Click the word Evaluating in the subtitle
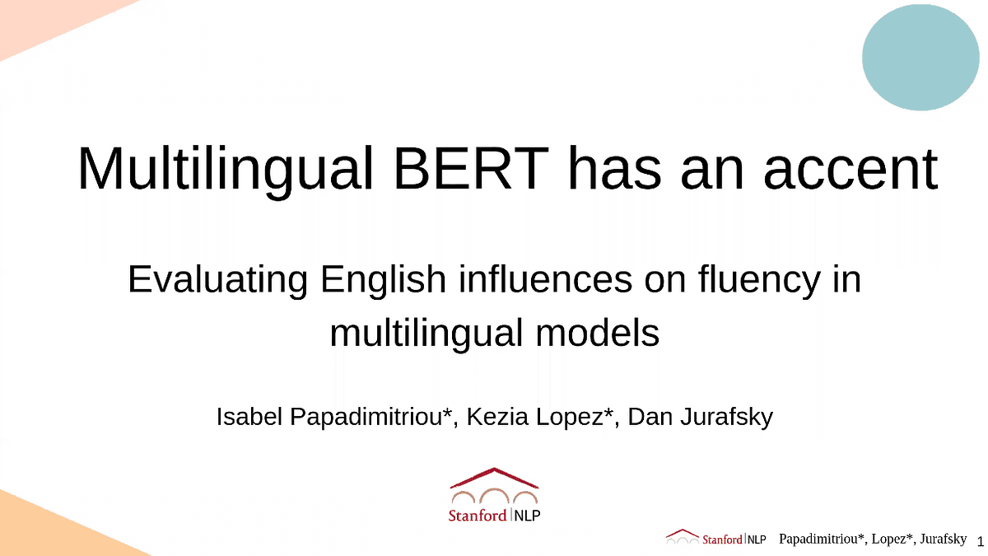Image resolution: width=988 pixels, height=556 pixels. click(217, 280)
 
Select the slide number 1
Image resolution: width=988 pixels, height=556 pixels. click(980, 541)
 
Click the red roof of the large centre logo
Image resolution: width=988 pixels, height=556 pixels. click(494, 477)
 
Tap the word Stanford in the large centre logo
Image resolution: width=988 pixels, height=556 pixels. click(478, 516)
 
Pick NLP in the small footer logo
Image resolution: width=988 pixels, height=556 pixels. click(757, 540)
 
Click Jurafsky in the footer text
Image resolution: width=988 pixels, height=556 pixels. click(937, 540)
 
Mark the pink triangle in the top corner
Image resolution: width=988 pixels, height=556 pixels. click(41, 21)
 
